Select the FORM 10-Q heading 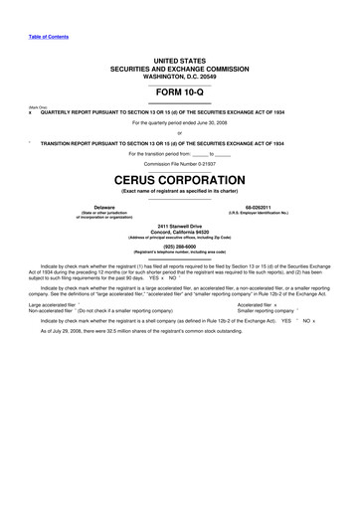point(179,92)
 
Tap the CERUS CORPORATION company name point(179,180)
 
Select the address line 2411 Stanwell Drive point(179,228)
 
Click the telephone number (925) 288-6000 point(179,247)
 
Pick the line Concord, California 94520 point(179,234)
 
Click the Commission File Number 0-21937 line point(179,163)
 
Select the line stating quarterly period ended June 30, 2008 point(179,122)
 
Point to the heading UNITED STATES point(179,61)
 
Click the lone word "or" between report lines point(179,132)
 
